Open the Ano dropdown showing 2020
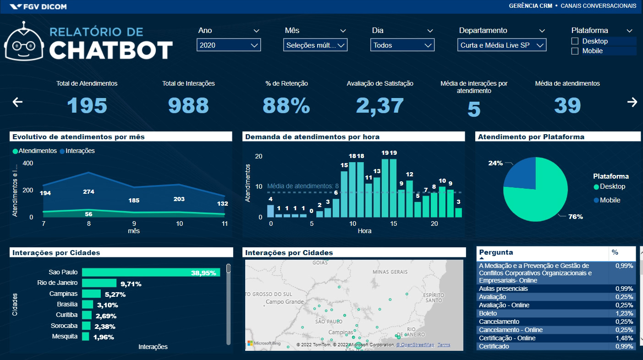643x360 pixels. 229,45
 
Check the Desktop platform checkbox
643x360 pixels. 575,41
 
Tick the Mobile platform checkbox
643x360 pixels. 575,51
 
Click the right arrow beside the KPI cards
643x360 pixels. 632,102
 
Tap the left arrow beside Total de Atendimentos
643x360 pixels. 17,102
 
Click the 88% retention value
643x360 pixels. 286,106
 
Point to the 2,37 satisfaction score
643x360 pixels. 380,106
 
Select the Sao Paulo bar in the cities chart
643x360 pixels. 151,273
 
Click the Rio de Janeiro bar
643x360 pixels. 99,283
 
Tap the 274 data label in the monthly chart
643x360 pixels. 88,192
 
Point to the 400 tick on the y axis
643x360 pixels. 28,164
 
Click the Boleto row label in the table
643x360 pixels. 488,313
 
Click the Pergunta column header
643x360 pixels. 496,252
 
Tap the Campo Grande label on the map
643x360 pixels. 285,302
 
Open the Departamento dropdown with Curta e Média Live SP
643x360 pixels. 501,45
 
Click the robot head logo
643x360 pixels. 24,43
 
